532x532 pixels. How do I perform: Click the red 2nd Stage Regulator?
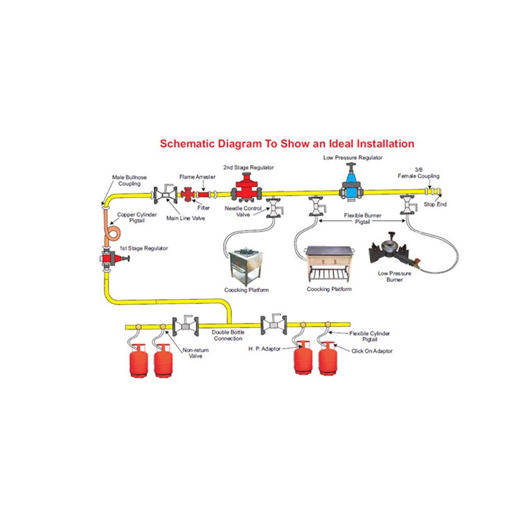pos(247,188)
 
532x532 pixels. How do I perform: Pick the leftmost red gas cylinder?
pos(139,360)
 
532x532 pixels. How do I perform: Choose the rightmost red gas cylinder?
pos(328,358)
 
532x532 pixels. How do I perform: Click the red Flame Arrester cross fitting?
pos(188,195)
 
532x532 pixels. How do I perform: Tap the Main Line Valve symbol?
pos(166,195)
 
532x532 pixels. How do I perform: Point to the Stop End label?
pos(435,204)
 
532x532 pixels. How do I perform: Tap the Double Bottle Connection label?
pos(228,335)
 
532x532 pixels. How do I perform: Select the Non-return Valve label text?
pos(195,353)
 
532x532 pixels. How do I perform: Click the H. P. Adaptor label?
pos(265,349)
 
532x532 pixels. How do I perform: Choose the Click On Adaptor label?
pos(372,351)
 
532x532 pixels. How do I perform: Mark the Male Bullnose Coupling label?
pos(130,181)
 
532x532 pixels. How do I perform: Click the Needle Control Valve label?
pos(243,211)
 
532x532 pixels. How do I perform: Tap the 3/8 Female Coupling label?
pos(418,172)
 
